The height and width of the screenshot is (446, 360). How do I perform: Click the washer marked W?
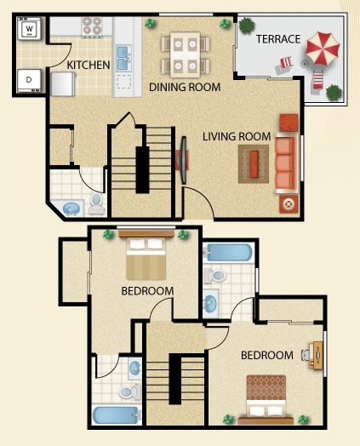point(30,31)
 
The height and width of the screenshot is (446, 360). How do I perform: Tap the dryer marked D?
point(30,81)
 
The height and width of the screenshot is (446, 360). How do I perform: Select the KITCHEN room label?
point(89,65)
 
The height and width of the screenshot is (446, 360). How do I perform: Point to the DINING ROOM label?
point(185,87)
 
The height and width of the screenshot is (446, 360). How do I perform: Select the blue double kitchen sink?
point(124,57)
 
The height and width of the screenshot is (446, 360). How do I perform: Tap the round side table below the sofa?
point(287,204)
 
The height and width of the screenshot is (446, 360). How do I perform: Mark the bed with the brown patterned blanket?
point(271,396)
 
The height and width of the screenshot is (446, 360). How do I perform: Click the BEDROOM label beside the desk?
point(267,355)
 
